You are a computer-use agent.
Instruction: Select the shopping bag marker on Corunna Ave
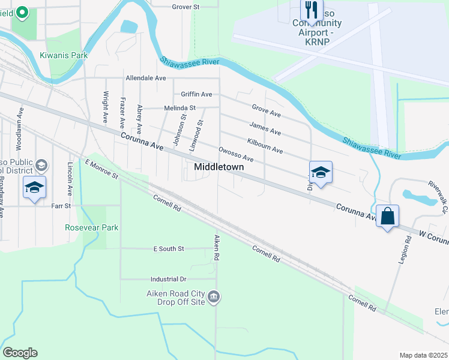coord(388,215)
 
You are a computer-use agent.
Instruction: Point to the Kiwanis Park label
coord(64,55)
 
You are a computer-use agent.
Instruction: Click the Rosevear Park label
coord(92,227)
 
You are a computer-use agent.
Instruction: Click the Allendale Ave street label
coord(145,78)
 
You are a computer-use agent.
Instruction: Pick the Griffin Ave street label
coord(196,94)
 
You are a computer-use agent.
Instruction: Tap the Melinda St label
coord(180,108)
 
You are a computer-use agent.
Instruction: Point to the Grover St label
coord(185,7)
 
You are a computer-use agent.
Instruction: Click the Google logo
coord(19,353)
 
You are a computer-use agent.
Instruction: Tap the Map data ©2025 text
coord(423,355)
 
